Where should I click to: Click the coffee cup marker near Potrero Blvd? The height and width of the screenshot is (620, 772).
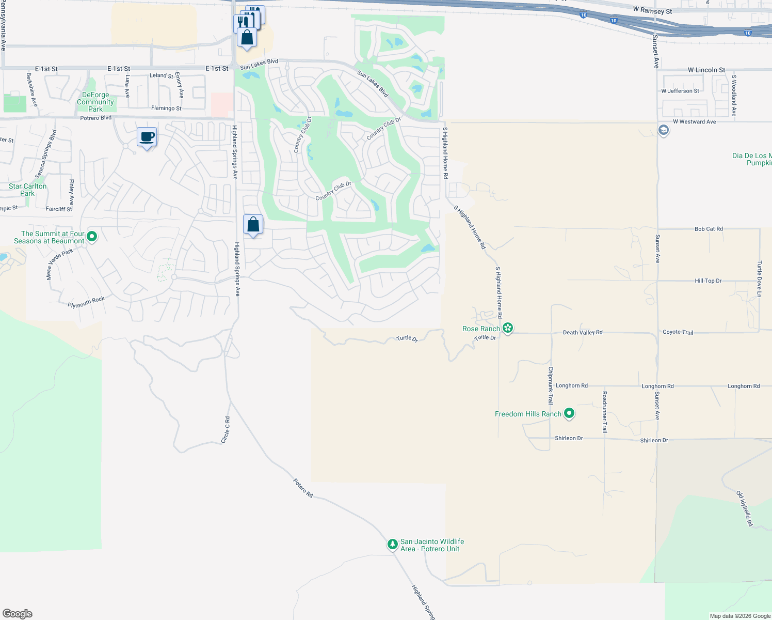pyautogui.click(x=147, y=137)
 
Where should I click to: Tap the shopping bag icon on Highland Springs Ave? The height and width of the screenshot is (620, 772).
pyautogui.click(x=253, y=225)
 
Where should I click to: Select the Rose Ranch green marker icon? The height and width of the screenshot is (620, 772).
pyautogui.click(x=508, y=328)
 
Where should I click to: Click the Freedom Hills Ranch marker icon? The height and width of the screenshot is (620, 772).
pyautogui.click(x=569, y=413)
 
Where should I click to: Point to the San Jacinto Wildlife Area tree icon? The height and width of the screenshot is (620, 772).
pyautogui.click(x=393, y=544)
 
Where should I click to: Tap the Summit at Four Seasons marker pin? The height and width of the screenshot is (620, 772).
pyautogui.click(x=92, y=237)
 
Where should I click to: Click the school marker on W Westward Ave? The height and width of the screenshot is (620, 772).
pyautogui.click(x=664, y=130)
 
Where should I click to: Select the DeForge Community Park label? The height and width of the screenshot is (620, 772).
pyautogui.click(x=95, y=102)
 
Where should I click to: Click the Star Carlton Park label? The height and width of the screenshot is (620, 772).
pyautogui.click(x=28, y=190)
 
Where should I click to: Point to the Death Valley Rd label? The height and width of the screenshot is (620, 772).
pyautogui.click(x=583, y=332)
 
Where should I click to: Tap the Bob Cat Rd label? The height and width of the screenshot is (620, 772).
pyautogui.click(x=709, y=228)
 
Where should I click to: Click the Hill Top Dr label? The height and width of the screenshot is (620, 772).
pyautogui.click(x=708, y=281)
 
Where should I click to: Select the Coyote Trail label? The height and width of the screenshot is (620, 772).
pyautogui.click(x=678, y=332)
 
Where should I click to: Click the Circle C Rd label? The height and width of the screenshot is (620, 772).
pyautogui.click(x=226, y=429)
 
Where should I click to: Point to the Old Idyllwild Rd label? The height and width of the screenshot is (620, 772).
pyautogui.click(x=745, y=508)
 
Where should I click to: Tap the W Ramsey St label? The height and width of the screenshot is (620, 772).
pyautogui.click(x=652, y=11)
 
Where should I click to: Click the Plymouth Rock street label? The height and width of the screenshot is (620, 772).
pyautogui.click(x=86, y=302)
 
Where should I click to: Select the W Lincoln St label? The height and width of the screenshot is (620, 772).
pyautogui.click(x=706, y=70)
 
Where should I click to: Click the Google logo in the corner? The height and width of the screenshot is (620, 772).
pyautogui.click(x=18, y=614)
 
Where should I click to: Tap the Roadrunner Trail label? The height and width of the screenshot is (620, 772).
pyautogui.click(x=604, y=412)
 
